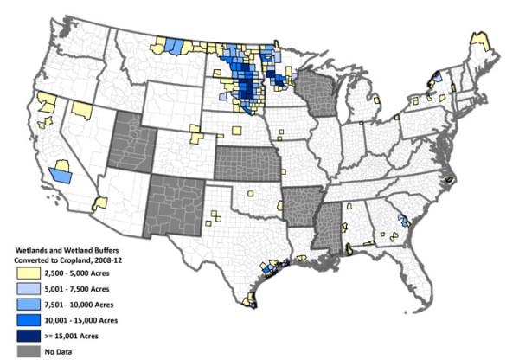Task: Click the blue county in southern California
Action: pos(61,175)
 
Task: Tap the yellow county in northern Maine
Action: pos(478,42)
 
